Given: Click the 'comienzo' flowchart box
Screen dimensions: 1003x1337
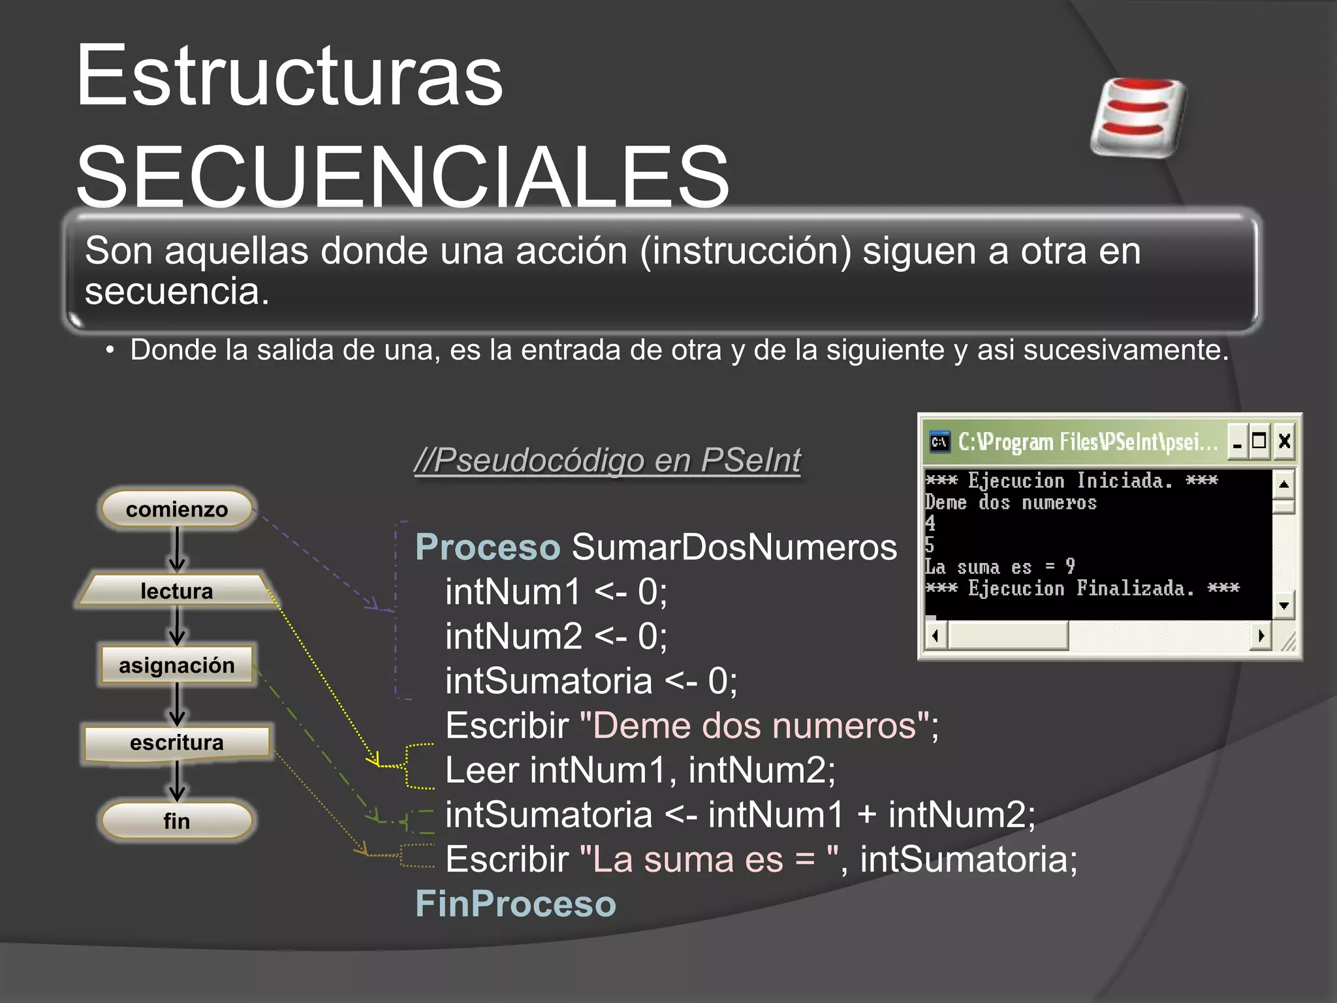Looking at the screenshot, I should [176, 509].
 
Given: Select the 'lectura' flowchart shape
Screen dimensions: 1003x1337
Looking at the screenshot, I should [176, 590].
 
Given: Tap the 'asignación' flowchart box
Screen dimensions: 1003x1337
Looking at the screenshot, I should [176, 665].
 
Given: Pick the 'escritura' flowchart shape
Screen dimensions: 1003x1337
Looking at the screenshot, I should [176, 743].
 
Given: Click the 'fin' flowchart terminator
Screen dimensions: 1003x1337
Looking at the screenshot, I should [176, 821].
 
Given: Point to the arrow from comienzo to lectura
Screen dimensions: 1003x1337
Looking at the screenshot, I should [177, 550].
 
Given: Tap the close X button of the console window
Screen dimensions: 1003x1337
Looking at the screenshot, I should [1283, 441].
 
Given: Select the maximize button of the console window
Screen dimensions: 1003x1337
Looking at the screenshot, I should [1259, 441].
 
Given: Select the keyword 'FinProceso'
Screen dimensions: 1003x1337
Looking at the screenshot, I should [516, 904].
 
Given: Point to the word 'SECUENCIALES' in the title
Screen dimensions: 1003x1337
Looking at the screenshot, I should [402, 176].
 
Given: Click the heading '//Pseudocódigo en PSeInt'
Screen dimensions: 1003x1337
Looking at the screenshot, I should [607, 460].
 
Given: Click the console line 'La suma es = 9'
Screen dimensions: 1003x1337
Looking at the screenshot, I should [999, 567].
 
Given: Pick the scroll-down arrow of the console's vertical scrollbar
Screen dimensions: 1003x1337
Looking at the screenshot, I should [1283, 606].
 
